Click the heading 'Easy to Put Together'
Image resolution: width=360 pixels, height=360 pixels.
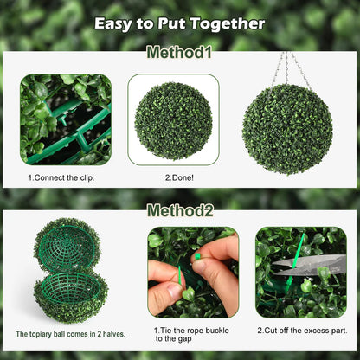pos(179,22)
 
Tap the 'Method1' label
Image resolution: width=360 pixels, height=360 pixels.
pos(179,53)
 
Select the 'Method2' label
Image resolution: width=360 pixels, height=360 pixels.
pos(179,210)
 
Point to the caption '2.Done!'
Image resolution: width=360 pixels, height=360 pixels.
pos(173,177)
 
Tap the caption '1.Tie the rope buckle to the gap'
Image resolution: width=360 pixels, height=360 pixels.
pos(191,334)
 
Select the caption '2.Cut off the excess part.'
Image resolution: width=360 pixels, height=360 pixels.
pos(301,330)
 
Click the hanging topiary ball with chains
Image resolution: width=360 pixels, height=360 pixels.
pos(287,128)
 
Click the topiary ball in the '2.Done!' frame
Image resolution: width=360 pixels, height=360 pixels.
pos(173,120)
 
